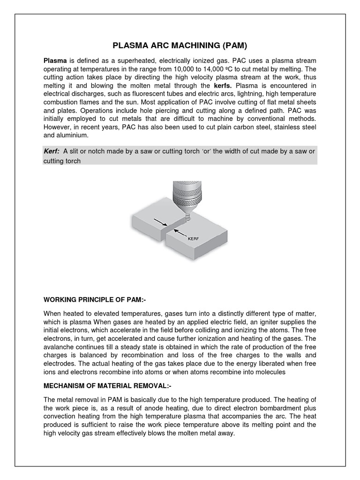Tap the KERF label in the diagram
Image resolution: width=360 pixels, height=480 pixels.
point(194,239)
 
